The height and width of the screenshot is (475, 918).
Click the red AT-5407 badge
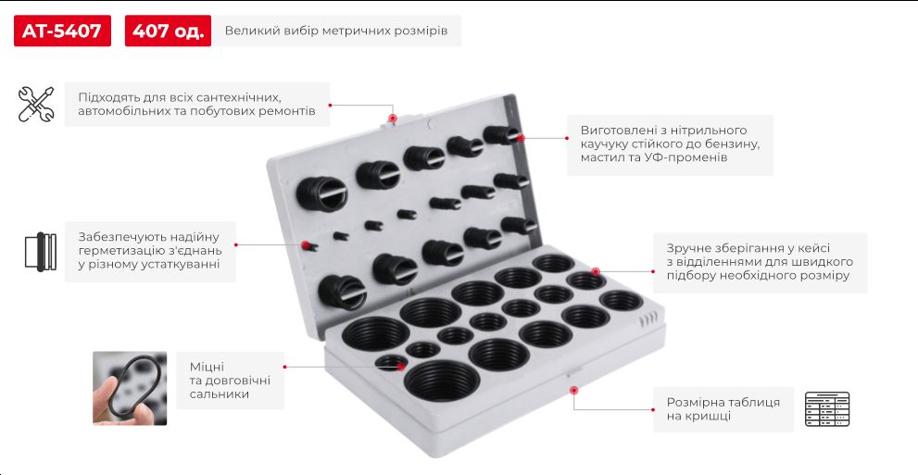click(62, 31)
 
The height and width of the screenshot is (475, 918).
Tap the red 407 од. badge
click(168, 31)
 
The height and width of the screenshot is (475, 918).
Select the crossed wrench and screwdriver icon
click(36, 104)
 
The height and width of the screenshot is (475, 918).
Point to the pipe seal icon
click(41, 252)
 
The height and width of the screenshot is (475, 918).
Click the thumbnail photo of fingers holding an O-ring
click(130, 388)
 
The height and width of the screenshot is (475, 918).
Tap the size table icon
click(826, 409)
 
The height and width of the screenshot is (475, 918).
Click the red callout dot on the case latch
click(573, 390)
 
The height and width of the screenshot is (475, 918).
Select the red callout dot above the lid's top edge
click(392, 119)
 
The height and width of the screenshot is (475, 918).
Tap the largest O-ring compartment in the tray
click(442, 381)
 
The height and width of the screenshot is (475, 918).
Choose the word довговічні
click(237, 381)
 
